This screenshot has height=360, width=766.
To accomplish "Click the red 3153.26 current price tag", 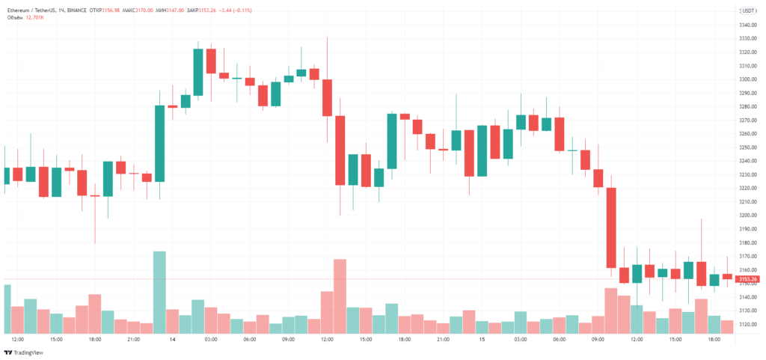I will point(750,279).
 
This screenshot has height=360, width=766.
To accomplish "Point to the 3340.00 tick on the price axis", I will point(750,25).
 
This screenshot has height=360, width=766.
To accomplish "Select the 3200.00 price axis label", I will point(750,216).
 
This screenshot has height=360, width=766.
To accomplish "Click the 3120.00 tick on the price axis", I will point(750,325).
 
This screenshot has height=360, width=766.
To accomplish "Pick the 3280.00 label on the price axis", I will point(750,106).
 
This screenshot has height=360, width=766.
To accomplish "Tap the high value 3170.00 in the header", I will point(165,11).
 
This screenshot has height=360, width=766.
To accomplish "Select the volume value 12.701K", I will point(34,17).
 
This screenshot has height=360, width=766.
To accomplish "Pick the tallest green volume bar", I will point(159,292).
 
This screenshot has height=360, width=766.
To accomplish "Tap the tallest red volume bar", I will point(340,296).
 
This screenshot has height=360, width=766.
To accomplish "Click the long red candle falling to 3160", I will point(611,228).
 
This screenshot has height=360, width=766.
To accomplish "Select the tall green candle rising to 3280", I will point(159,143).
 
